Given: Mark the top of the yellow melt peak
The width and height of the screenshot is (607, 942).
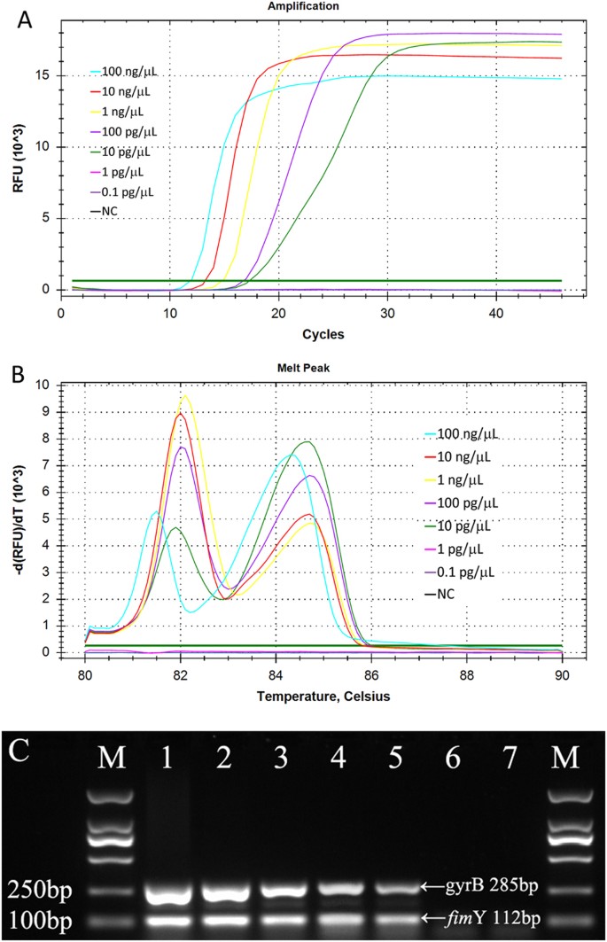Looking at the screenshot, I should [186, 396].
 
